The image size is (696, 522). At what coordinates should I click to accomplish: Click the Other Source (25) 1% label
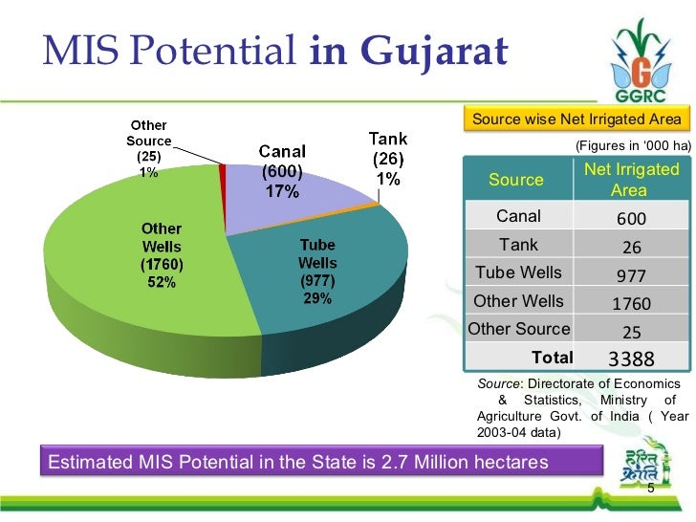tap(149, 148)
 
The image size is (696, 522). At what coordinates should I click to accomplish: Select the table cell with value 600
tap(631, 218)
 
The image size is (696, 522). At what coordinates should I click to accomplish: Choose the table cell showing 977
tap(631, 275)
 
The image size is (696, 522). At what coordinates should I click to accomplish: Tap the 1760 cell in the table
tap(631, 304)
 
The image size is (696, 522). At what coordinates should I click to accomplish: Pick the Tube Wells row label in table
tap(518, 272)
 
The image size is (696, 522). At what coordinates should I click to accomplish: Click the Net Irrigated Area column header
tap(631, 180)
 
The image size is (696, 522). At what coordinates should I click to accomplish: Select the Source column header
tap(516, 180)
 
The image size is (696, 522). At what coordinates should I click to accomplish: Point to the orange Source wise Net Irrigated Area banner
tap(576, 119)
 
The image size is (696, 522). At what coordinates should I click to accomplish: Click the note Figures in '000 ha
tap(631, 145)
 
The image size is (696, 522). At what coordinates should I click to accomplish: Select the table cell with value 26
tap(631, 247)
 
